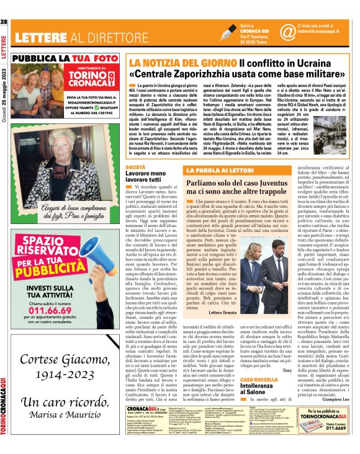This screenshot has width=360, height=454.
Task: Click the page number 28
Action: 4,23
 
